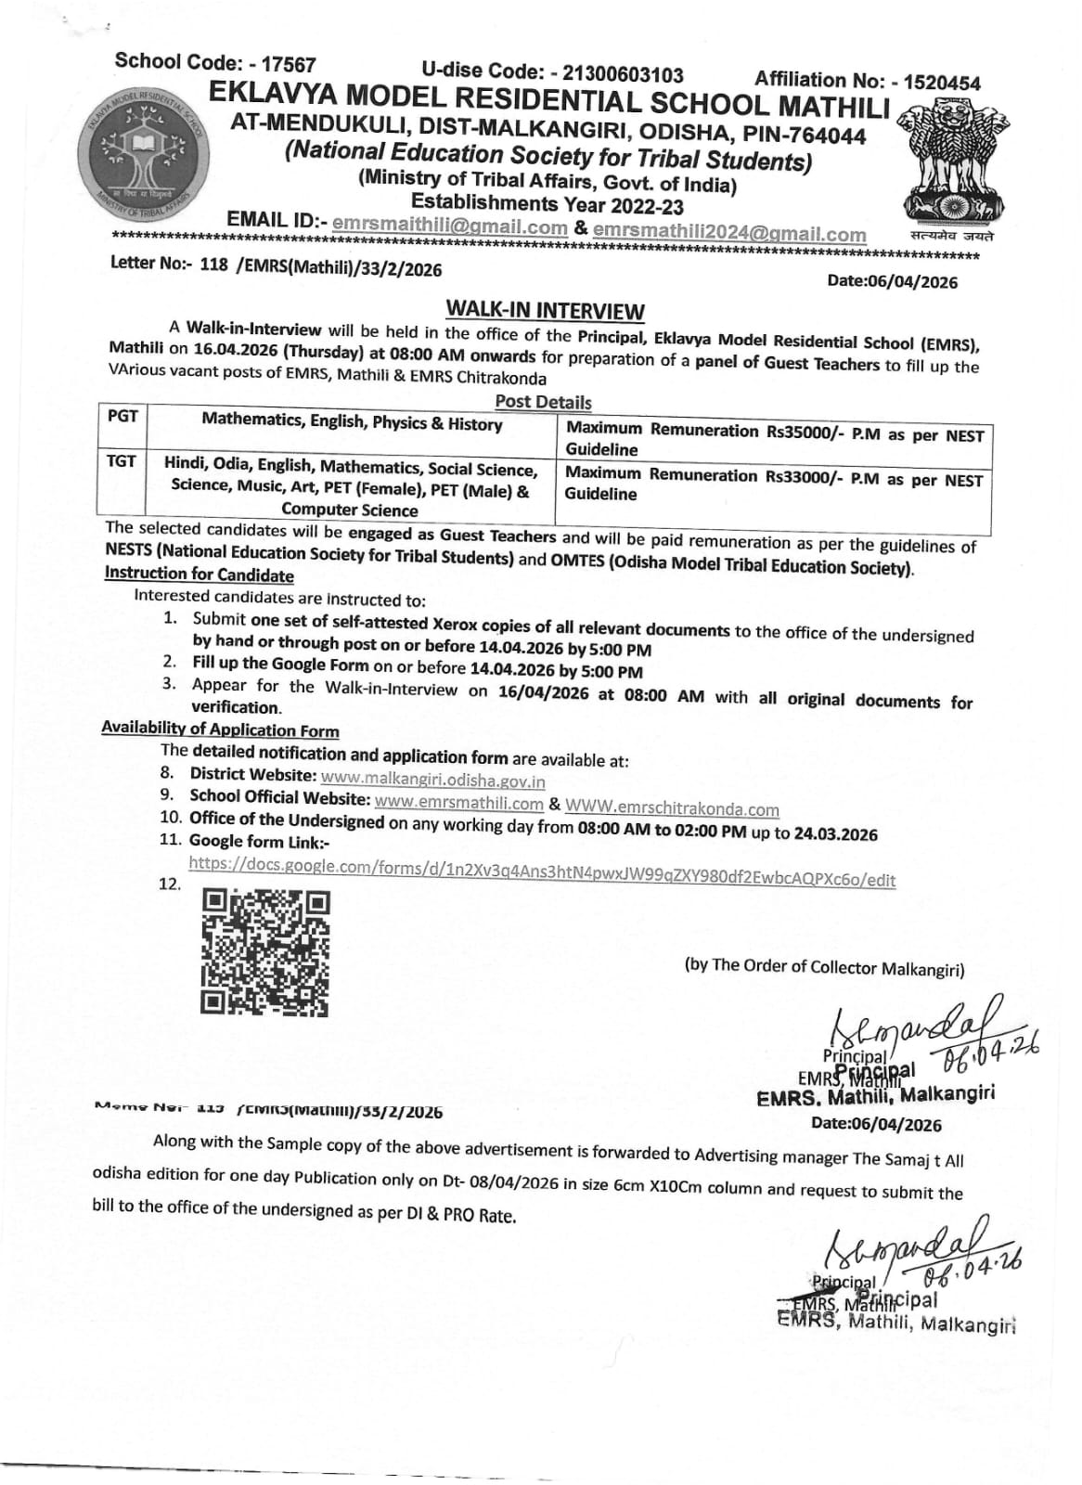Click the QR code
coord(265,952)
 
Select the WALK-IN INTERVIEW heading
coord(545,310)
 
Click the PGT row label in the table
coord(122,416)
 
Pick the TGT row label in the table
coord(122,460)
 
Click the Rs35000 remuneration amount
coord(796,432)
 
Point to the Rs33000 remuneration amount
coord(795,477)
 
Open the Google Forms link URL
coord(542,872)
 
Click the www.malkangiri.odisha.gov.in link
coord(432,781)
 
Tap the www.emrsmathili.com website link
coord(459,803)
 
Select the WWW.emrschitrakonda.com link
coord(672,808)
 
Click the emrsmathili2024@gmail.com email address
coord(729,233)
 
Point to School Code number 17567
coord(289,65)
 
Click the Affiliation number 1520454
coord(941,83)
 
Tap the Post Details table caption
coord(543,402)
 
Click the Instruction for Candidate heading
coord(199,575)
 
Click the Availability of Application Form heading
coord(220,730)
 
